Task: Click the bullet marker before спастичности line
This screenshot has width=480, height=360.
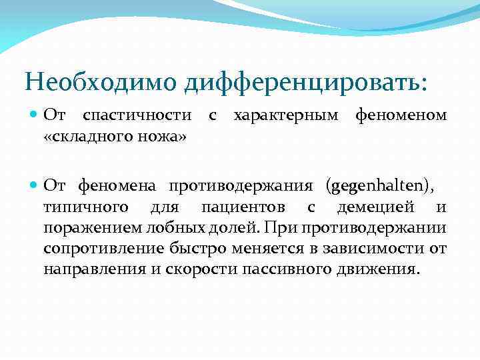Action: [35, 116]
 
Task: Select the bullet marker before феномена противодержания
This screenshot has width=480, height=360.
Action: [35, 185]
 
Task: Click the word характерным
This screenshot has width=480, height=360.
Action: [285, 116]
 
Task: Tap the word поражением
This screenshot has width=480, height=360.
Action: [86, 229]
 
